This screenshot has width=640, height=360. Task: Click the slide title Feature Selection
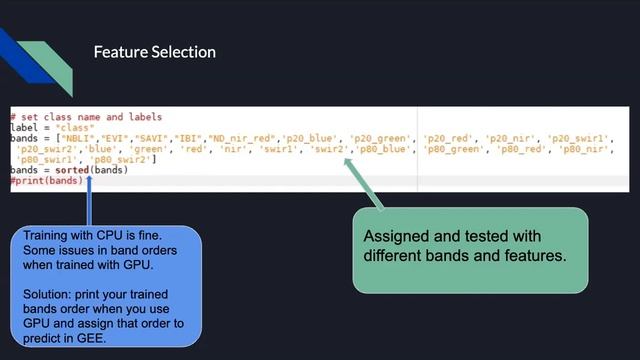coord(154,51)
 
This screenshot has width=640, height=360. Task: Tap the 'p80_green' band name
coord(457,148)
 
